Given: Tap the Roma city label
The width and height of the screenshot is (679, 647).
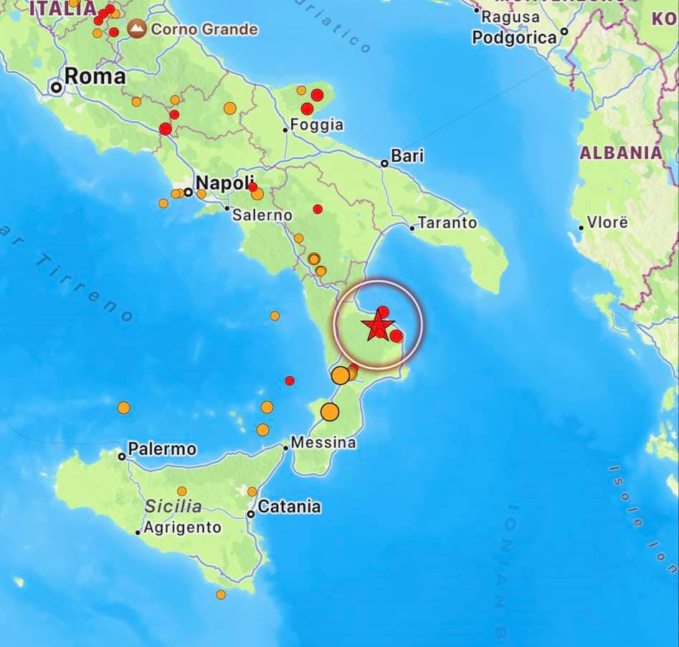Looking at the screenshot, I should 95,77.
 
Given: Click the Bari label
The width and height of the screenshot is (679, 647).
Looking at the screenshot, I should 407,155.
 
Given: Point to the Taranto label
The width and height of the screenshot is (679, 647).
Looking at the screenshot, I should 447,223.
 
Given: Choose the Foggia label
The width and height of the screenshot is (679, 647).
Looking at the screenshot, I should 318,125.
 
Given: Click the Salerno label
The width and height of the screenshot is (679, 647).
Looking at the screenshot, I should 263,215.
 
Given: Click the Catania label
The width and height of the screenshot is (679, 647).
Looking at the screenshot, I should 289,507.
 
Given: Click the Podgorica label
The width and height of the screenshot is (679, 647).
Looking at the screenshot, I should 514,37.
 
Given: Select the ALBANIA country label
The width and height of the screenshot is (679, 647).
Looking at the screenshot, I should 621,153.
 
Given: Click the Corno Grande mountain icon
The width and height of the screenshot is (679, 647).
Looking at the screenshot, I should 136,29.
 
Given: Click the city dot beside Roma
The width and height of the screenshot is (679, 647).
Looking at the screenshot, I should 56,87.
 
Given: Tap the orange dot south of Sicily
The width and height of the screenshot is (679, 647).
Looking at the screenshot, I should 221,595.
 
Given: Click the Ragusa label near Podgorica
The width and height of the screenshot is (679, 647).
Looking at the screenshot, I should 511,16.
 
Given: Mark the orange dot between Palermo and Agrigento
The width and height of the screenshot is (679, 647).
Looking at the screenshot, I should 182,491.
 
